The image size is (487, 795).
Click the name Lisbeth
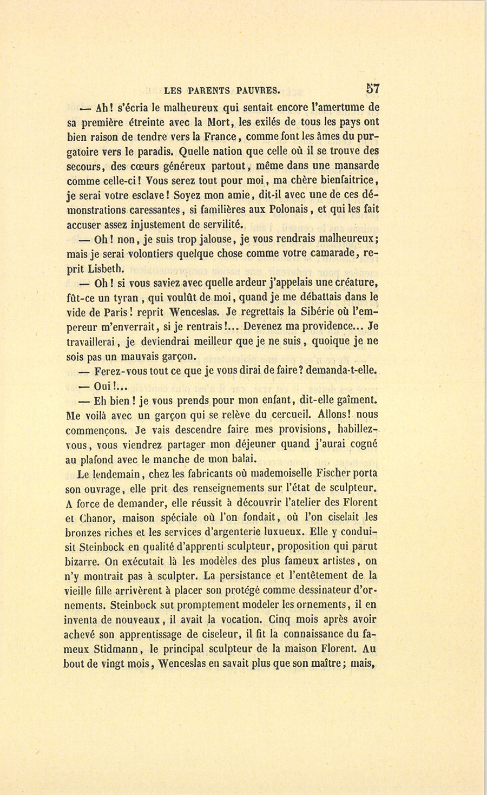point(98,268)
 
